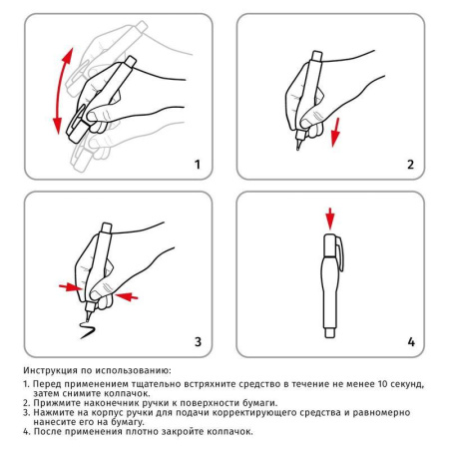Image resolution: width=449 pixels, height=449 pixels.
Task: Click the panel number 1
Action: [x=197, y=164]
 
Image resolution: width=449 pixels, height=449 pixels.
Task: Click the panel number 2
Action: [x=409, y=164]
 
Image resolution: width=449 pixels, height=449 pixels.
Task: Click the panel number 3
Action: [x=197, y=342]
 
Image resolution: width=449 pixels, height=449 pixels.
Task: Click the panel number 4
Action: [x=409, y=342]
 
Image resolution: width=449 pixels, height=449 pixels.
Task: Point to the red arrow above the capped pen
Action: [x=330, y=219]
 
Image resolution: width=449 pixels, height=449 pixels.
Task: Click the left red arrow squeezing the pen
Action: [x=69, y=287]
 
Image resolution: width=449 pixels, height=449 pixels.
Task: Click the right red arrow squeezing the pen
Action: [x=127, y=295]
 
